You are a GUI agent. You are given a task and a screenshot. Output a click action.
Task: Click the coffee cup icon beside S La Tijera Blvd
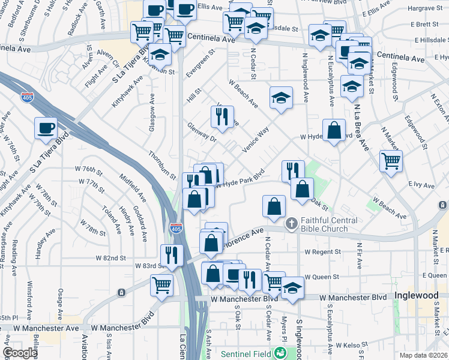point(46,128)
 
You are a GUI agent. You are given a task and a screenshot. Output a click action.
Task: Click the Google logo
point(20,353)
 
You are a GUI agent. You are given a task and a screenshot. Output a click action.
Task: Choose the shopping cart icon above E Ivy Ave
point(391,160)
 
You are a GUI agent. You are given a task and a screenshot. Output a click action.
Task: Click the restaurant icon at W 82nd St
point(171,254)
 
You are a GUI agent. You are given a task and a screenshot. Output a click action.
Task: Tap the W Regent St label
point(324,252)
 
